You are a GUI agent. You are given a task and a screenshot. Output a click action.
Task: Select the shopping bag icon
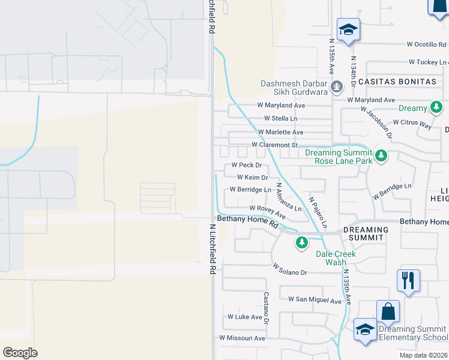[x=388, y=311]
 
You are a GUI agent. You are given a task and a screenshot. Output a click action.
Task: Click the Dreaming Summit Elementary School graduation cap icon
[x=364, y=329]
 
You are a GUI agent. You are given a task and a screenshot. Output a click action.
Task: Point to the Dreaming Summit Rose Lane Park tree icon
[x=381, y=157]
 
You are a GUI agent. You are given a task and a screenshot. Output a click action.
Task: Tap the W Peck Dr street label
[x=247, y=165]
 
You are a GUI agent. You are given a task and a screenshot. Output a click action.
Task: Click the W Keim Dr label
[x=252, y=178]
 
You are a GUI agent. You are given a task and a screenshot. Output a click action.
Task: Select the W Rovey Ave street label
[x=267, y=211]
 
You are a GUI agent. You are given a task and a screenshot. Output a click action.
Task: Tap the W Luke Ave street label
[x=245, y=317]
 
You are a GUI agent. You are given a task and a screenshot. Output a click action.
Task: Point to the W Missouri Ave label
[x=242, y=338]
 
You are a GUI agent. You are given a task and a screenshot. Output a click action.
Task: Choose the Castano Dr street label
[x=266, y=306]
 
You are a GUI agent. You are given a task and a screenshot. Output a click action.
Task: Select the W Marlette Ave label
[x=280, y=132]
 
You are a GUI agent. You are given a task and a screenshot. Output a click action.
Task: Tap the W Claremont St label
[x=275, y=145]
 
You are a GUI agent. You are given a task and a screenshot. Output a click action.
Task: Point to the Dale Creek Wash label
[x=336, y=258]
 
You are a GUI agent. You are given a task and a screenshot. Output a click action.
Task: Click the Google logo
[x=20, y=353]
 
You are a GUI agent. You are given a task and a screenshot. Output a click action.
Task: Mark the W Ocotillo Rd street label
[x=427, y=44]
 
